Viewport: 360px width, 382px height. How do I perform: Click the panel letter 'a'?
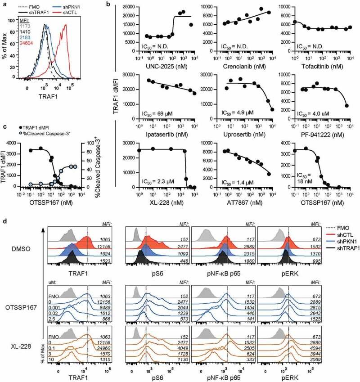(x=4, y=4)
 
